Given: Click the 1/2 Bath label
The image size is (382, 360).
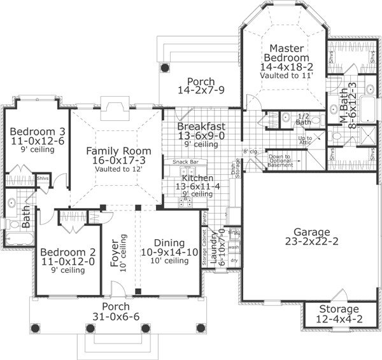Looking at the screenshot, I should tap(304, 118).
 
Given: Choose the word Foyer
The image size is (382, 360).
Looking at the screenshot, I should tap(115, 253).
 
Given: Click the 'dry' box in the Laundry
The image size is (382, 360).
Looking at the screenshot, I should tap(233, 260).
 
